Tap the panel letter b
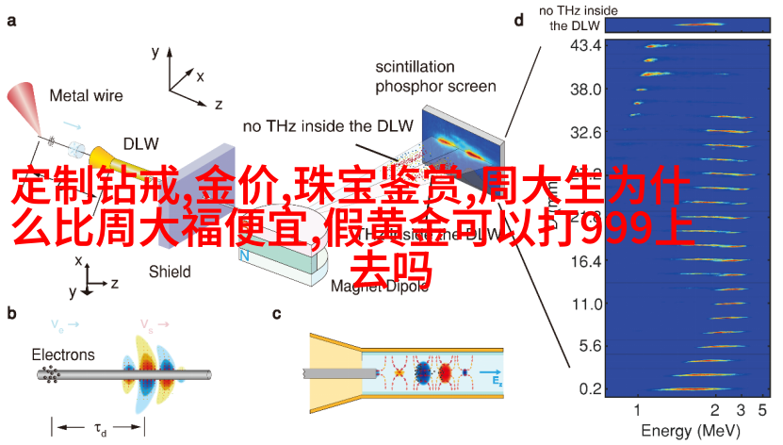(11, 314)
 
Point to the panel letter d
(518, 20)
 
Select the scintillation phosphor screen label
(435, 77)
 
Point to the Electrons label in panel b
(63, 354)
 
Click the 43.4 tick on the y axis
(585, 46)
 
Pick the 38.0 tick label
(585, 89)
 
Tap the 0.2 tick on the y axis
(589, 388)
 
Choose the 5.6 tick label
(589, 346)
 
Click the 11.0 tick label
(585, 304)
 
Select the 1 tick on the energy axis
(637, 410)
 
